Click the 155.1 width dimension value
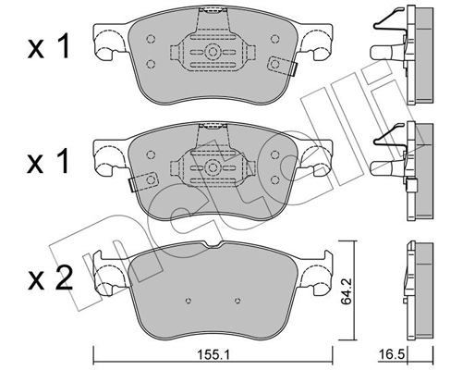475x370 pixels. pos(213,356)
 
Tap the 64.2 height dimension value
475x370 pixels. pos(347,290)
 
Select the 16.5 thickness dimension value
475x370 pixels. pos(391,354)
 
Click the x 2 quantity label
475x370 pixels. pos(50,278)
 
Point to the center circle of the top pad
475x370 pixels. pos(212,52)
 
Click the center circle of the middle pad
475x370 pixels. pos(212,167)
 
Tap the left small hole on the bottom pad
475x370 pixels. pos(189,301)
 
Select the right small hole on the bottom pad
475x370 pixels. pos(237,301)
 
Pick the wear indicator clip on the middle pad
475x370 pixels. pos(143,181)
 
